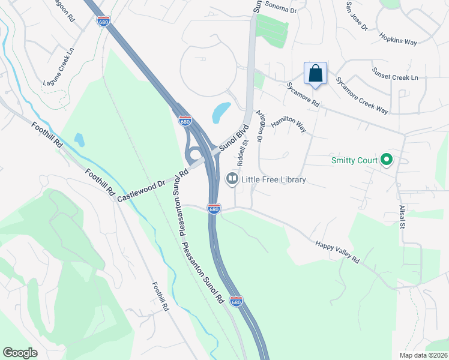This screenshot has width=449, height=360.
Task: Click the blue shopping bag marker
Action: [316, 74]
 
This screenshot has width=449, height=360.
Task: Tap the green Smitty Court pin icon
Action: [387, 160]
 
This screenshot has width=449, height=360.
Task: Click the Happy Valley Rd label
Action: [337, 251]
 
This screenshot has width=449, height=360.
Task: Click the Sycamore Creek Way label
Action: [361, 95]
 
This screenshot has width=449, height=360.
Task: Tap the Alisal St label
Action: [402, 217]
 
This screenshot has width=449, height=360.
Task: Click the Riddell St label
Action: [243, 154]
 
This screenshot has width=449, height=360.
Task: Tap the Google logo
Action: [20, 353]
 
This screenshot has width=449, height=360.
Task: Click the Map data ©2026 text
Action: [423, 355]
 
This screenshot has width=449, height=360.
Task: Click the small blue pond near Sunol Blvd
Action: [221, 111]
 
